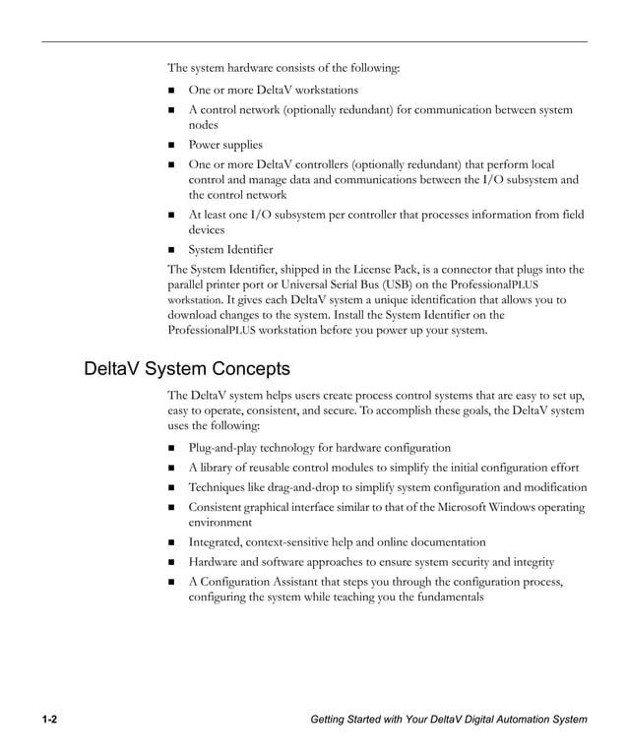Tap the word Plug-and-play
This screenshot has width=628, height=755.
pyautogui.click(x=225, y=448)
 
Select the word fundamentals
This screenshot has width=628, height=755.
pyautogui.click(x=444, y=598)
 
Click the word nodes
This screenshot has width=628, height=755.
pyautogui.click(x=205, y=125)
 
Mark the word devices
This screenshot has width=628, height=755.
pyautogui.click(x=208, y=229)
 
